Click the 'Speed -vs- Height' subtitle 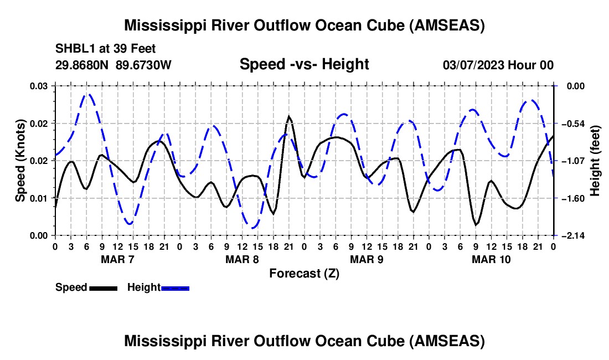pyautogui.click(x=304, y=65)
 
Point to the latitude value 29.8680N pyautogui.click(x=82, y=65)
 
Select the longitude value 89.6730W pyautogui.click(x=143, y=65)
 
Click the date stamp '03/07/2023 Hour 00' pyautogui.click(x=498, y=65)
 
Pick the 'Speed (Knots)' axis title pyautogui.click(x=20, y=161)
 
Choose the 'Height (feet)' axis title pyautogui.click(x=595, y=161)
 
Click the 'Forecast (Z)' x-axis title pyautogui.click(x=304, y=273)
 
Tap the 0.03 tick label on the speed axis pyautogui.click(x=39, y=86)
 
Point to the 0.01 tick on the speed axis pyautogui.click(x=39, y=198)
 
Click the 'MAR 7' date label pyautogui.click(x=117, y=259)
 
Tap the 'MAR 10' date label pyautogui.click(x=491, y=259)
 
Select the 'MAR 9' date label pyautogui.click(x=366, y=259)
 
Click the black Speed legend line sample pyautogui.click(x=103, y=287)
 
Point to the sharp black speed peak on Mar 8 pyautogui.click(x=288, y=117)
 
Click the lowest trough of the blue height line pyautogui.click(x=253, y=228)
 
